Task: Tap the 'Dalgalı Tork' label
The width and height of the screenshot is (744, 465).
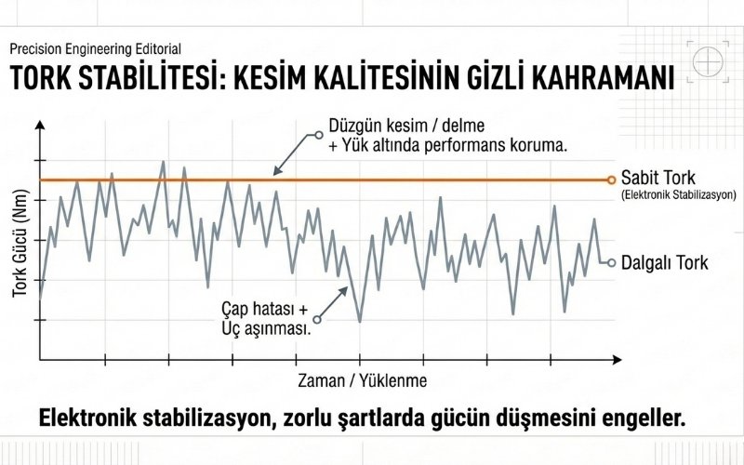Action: point(664,263)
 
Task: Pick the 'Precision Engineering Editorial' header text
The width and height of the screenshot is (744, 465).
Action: point(95,48)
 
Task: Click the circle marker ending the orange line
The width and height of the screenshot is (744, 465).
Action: point(611,179)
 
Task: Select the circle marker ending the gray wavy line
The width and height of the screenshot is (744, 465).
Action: point(611,262)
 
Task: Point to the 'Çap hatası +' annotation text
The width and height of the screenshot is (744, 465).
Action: point(264,309)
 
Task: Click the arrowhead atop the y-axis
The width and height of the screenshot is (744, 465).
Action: point(39,125)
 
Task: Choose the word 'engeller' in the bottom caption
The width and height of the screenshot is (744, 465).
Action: point(644,418)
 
